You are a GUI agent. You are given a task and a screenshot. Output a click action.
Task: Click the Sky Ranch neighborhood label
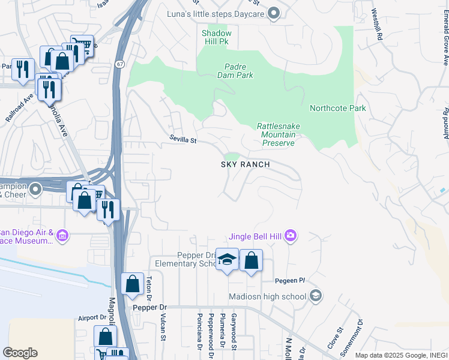click(x=247, y=164)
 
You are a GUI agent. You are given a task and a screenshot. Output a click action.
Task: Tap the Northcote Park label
click(x=337, y=109)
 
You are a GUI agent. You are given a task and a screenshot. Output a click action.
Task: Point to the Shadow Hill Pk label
click(x=216, y=37)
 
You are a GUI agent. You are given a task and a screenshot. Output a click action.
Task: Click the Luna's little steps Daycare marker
click(x=274, y=13)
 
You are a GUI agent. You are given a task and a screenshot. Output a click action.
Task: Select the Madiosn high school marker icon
click(x=315, y=295)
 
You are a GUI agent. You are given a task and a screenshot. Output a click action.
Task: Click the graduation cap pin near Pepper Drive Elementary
click(x=227, y=260)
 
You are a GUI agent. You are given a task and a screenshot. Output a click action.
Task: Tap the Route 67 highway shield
click(x=121, y=64)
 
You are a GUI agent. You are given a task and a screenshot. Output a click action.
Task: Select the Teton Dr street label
click(x=150, y=286)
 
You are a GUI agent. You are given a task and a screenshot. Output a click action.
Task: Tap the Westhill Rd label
click(x=376, y=25)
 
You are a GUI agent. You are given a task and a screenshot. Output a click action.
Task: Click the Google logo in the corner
click(x=20, y=353)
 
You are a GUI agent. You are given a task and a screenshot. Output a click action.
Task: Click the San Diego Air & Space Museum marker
click(x=62, y=238)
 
